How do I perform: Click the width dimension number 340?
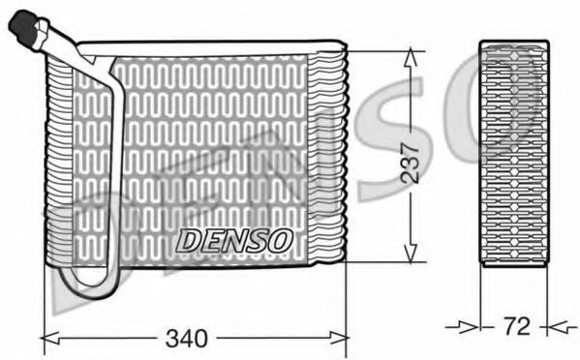pyautogui.click(x=186, y=340)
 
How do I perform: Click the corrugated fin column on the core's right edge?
pyautogui.click(x=329, y=155)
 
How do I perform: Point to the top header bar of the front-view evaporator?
pyautogui.click(x=213, y=46)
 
